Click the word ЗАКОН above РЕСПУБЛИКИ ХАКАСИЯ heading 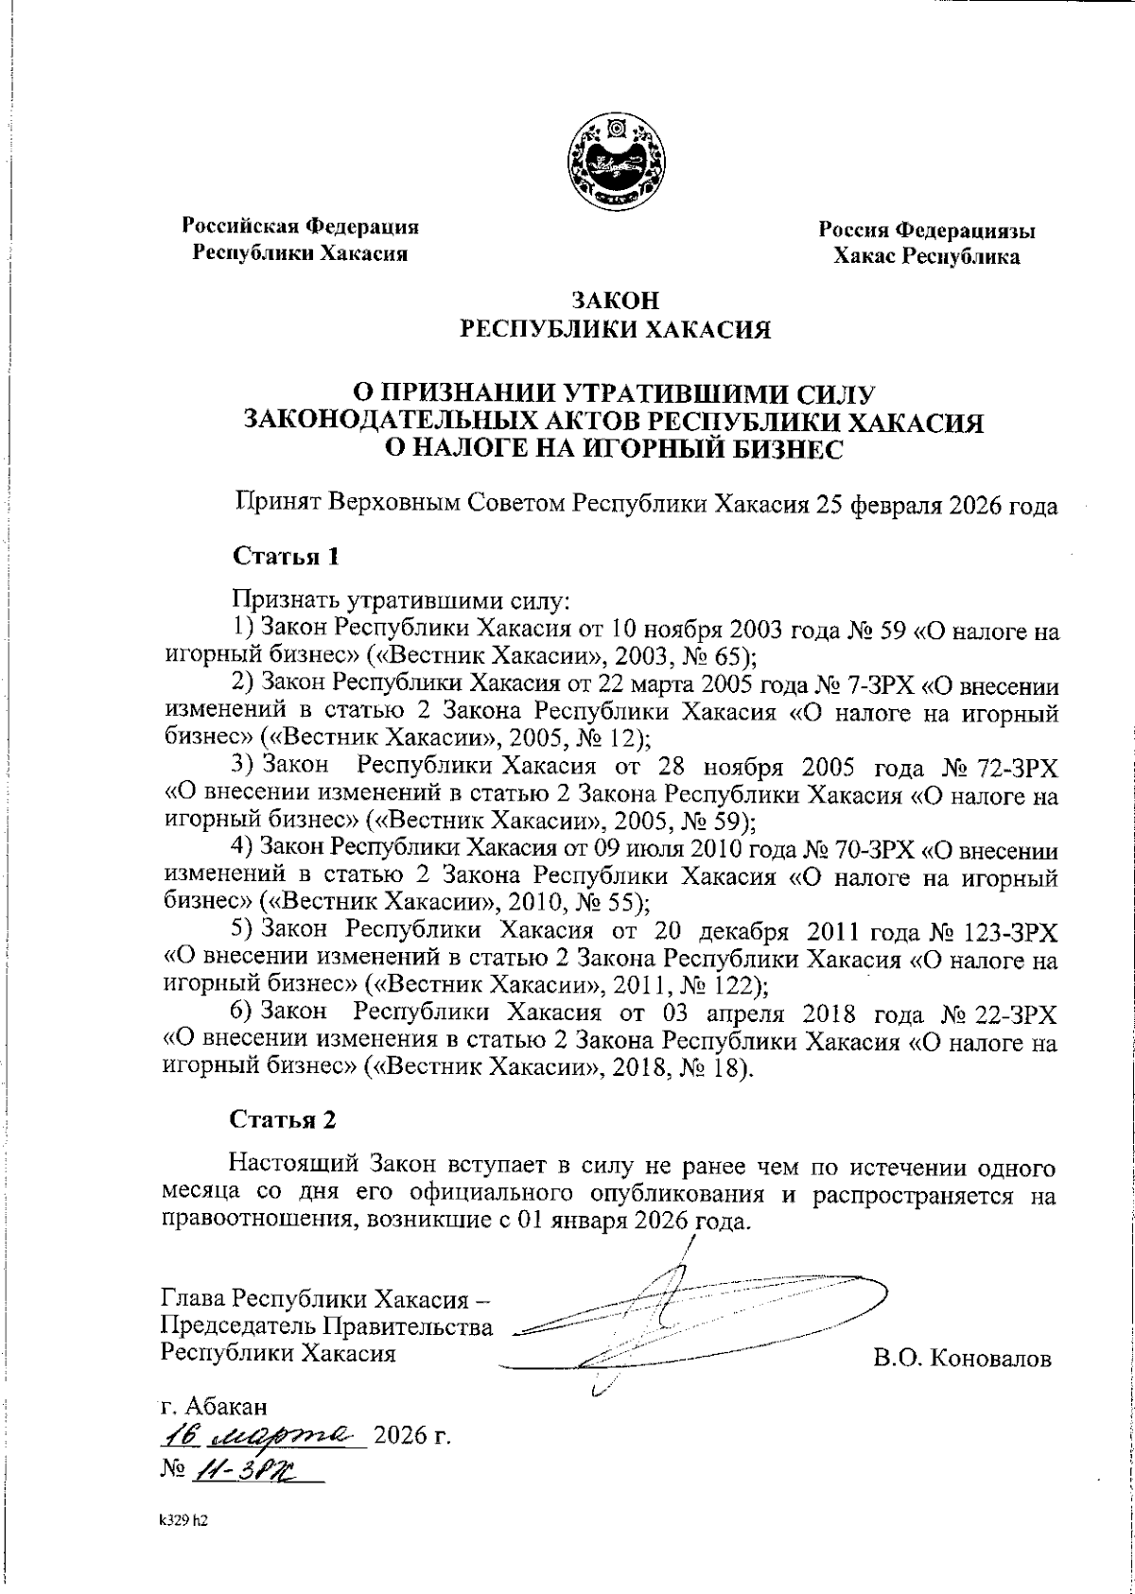[614, 302]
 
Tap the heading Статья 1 [286, 557]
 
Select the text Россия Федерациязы [926, 230]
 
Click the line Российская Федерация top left [301, 226]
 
